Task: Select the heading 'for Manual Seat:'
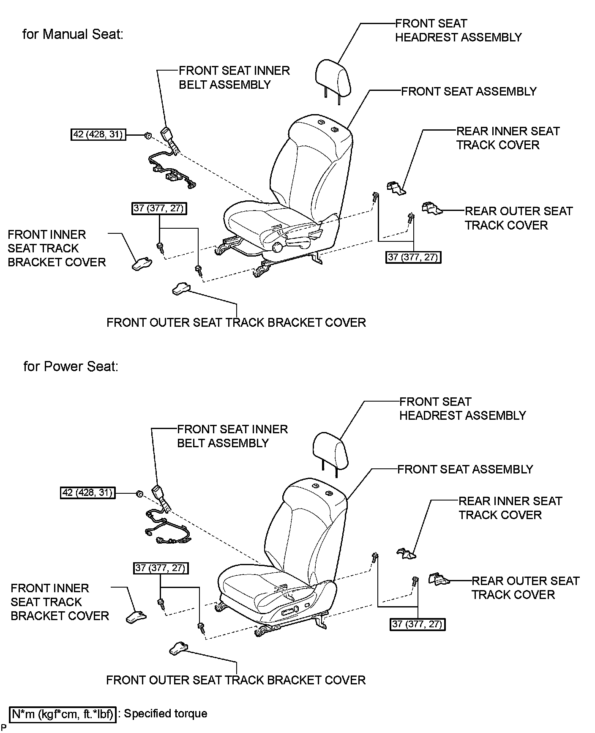[x=73, y=34]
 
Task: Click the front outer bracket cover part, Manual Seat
[x=181, y=289]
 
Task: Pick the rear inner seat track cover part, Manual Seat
[x=396, y=188]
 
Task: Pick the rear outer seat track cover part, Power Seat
[x=439, y=579]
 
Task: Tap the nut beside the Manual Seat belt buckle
[x=147, y=136]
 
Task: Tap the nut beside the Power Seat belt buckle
[x=139, y=493]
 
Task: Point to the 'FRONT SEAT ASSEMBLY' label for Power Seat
[x=465, y=469]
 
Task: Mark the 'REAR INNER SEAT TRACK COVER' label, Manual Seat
[x=508, y=138]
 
